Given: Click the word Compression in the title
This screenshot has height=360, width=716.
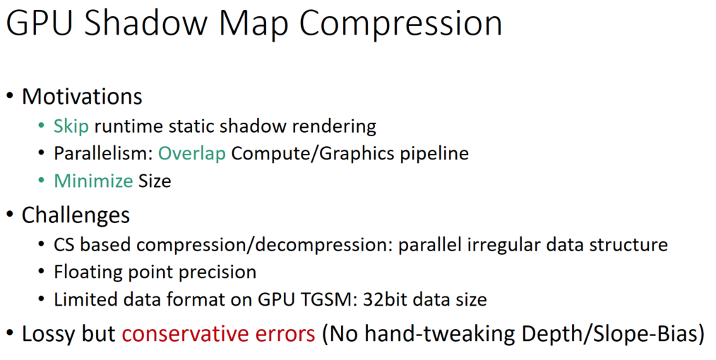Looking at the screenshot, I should pos(400,25).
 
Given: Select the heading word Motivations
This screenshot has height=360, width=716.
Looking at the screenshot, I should pos(82,96).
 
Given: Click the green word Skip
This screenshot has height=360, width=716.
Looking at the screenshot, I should pos(71,126).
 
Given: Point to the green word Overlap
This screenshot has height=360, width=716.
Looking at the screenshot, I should pos(192,153).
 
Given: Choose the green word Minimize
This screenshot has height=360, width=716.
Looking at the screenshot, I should pos(93,181).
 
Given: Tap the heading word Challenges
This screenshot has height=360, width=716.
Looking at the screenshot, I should pos(76,215).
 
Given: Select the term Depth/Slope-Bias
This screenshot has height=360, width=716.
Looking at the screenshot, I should pos(618,333).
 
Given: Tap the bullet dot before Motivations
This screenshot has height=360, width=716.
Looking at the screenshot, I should pos(11,97).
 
